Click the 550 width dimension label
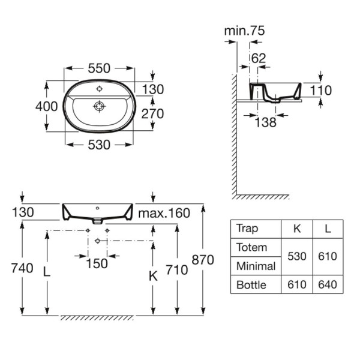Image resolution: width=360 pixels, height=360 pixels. click(99, 68)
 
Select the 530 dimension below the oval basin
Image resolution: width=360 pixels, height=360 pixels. click(99, 145)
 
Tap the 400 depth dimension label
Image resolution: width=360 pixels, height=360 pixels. click(47, 107)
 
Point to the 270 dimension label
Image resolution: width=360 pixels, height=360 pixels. click(152, 113)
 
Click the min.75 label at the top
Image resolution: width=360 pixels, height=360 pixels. click(245, 31)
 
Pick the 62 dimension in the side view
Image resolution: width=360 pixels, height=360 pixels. click(259, 58)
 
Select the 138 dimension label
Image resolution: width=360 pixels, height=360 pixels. click(266, 122)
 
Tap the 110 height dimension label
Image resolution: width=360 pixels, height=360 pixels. click(321, 90)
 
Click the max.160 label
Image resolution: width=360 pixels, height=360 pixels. click(164, 213)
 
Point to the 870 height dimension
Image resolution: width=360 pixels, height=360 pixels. click(203, 260)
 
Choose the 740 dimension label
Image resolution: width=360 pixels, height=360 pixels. click(22, 268)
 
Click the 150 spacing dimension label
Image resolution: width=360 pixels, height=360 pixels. click(97, 263)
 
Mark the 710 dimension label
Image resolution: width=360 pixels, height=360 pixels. click(177, 270)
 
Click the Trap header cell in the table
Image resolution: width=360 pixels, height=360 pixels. click(247, 229)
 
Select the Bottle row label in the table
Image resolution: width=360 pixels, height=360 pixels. click(251, 285)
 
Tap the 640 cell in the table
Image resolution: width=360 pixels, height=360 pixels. click(328, 284)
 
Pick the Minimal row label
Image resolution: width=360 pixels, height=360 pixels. click(256, 266)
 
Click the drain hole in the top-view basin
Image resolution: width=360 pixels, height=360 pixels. click(100, 106)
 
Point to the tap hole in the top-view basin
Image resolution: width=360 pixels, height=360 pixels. click(99, 89)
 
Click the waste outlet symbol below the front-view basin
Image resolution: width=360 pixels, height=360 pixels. click(98, 241)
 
